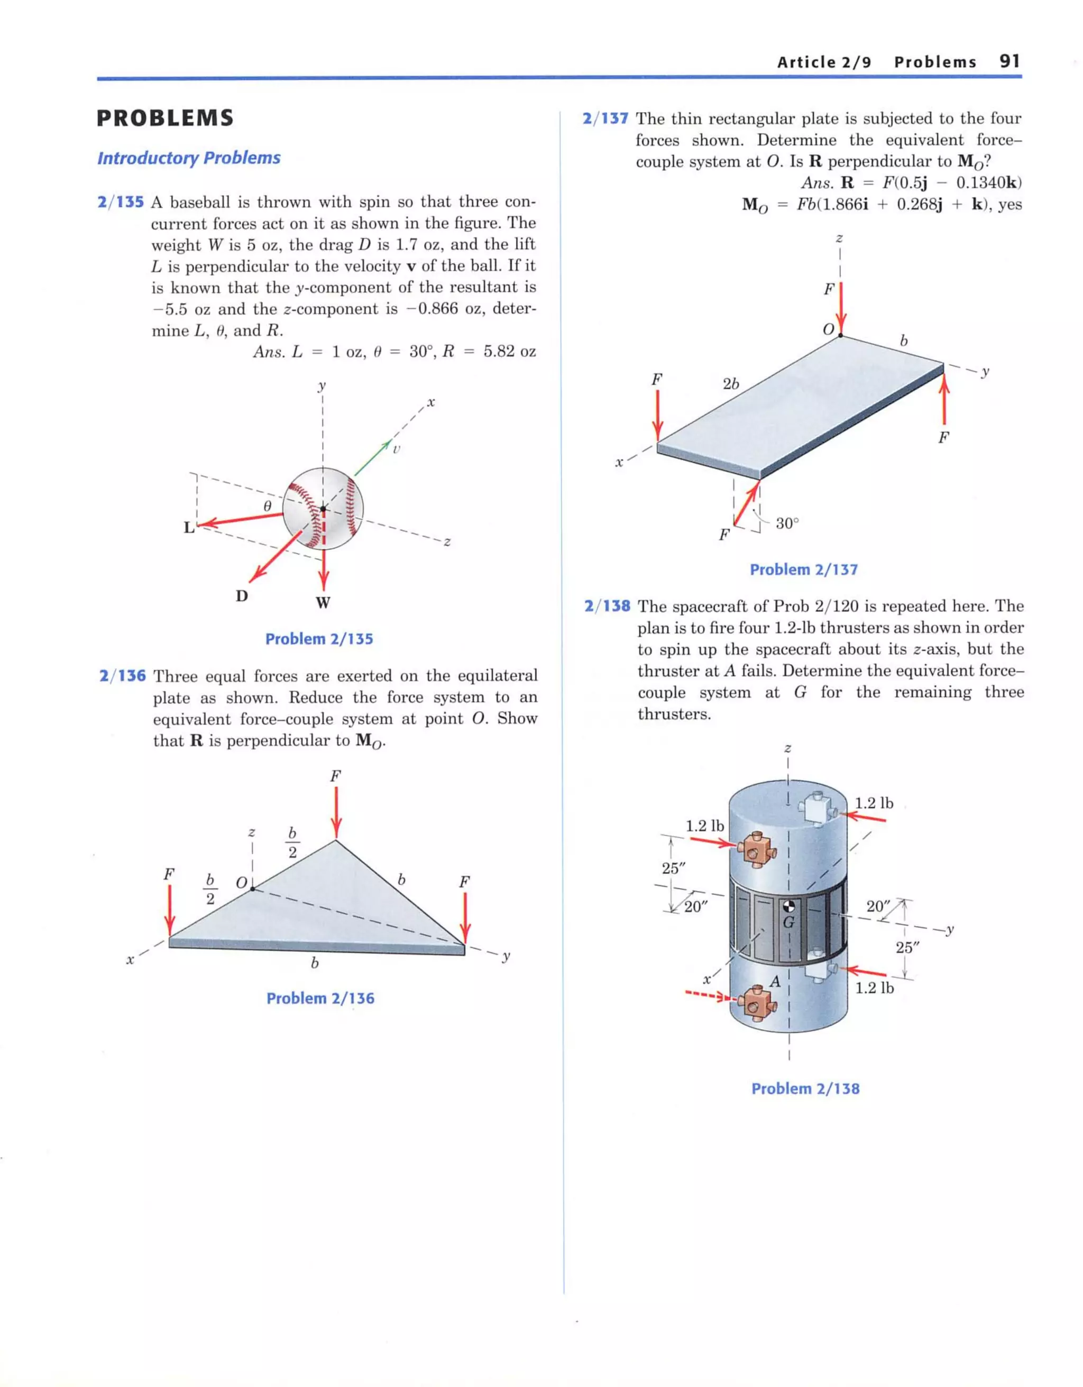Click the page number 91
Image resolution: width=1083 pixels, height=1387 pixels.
tap(1009, 61)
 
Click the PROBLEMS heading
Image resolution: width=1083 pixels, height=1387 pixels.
tap(165, 118)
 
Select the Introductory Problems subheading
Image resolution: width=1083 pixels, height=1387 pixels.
tap(189, 158)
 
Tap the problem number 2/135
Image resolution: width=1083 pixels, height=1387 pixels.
tap(121, 203)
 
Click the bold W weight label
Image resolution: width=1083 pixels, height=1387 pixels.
tap(323, 603)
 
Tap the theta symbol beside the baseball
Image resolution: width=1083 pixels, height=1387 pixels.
tap(268, 506)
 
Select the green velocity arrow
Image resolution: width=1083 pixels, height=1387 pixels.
tap(372, 458)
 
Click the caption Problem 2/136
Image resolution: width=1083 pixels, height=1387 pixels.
tap(320, 998)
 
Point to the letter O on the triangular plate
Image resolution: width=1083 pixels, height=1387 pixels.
tap(241, 883)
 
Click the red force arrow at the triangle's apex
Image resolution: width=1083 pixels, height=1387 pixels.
tap(336, 813)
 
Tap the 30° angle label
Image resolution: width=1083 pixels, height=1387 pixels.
tap(787, 523)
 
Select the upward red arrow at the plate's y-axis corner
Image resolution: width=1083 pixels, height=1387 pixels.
tap(944, 400)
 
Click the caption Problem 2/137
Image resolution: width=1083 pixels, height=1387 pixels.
tap(803, 570)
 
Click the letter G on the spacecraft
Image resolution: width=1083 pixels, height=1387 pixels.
tap(788, 922)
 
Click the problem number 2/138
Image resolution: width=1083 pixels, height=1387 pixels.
tap(607, 606)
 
